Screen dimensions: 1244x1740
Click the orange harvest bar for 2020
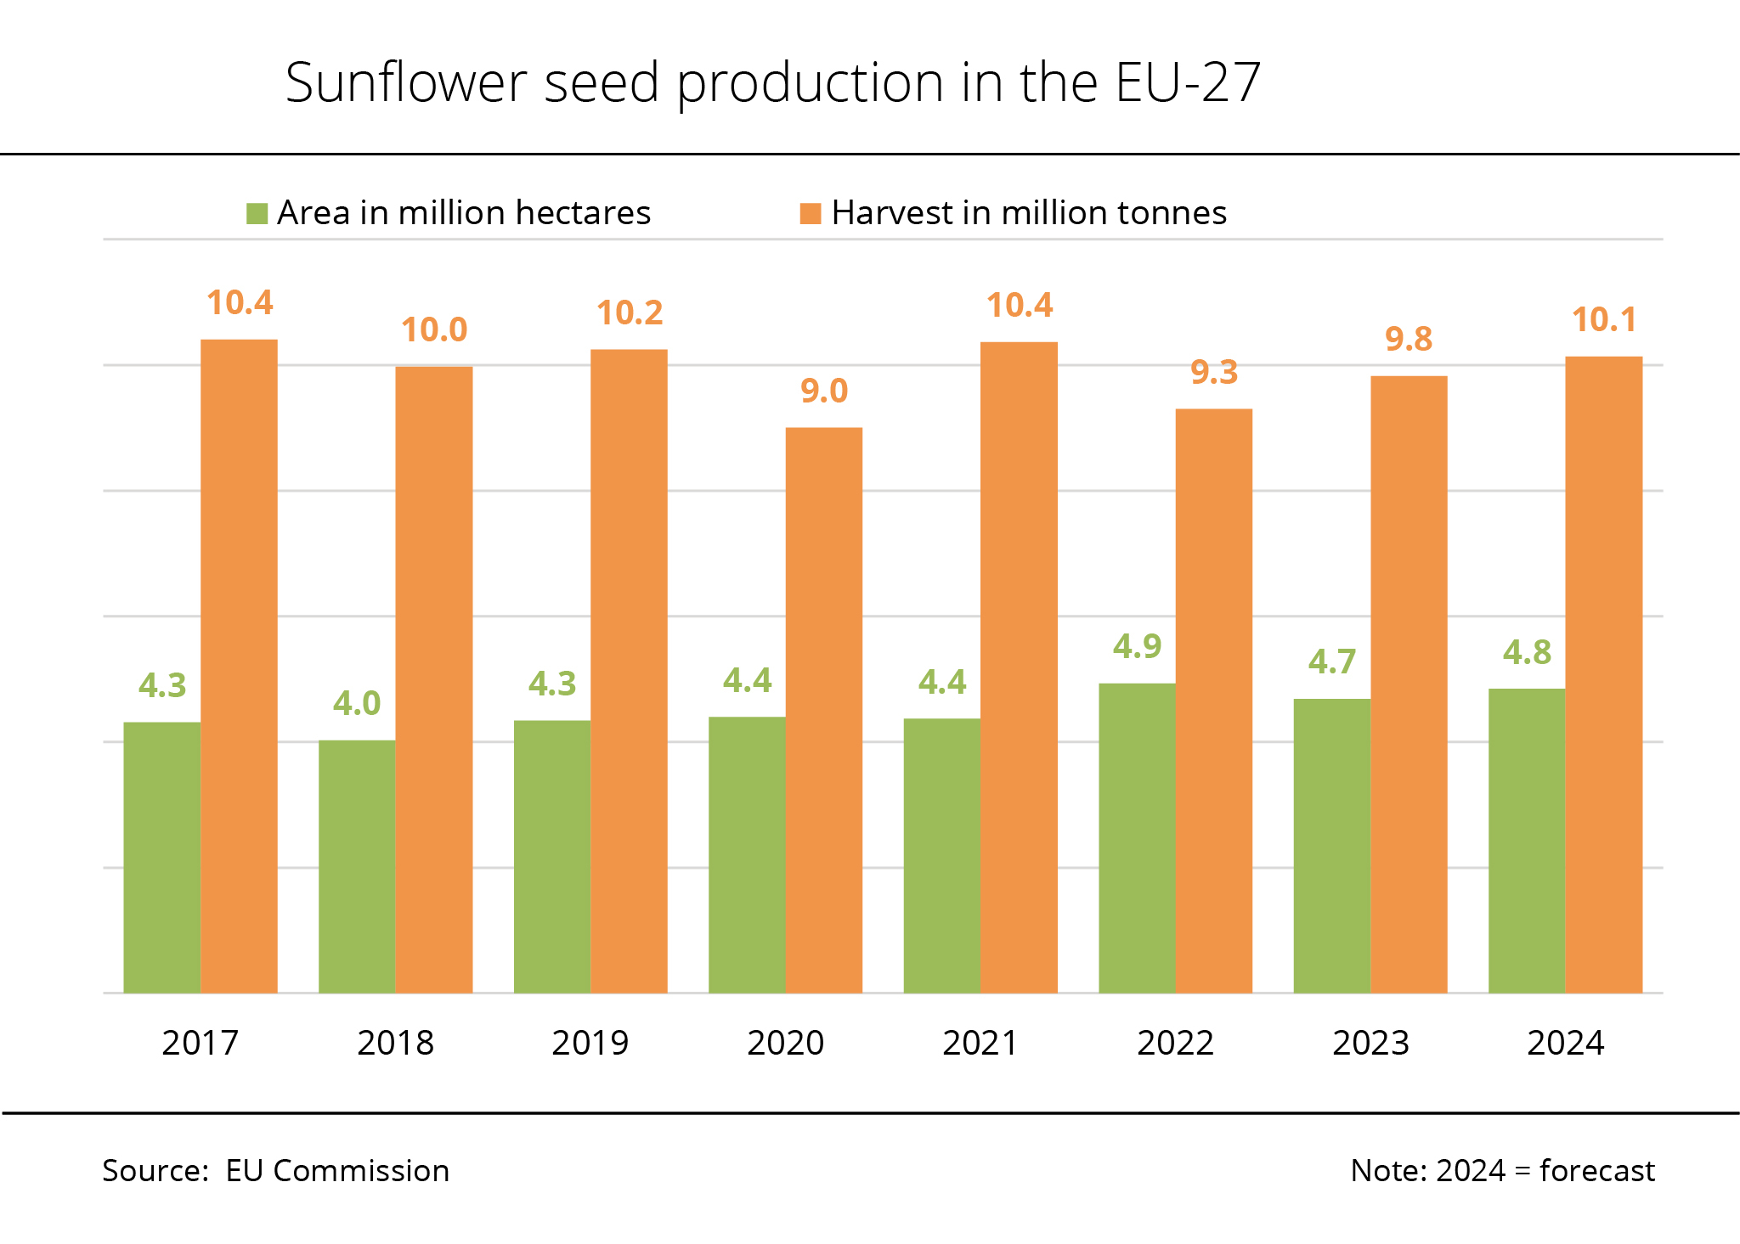[823, 710]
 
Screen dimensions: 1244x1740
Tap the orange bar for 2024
[1603, 674]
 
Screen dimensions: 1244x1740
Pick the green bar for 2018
[357, 866]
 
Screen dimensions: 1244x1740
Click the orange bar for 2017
[239, 666]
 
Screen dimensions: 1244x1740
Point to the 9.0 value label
[824, 391]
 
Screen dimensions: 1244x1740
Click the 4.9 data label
[1137, 647]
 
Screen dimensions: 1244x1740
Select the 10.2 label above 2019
[630, 313]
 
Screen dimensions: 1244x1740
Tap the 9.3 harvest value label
[1214, 373]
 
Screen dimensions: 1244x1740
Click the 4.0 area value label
[357, 704]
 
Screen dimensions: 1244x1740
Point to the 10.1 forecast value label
[1603, 320]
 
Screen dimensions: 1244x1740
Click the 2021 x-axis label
[980, 1043]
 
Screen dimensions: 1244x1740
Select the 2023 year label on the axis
[1370, 1043]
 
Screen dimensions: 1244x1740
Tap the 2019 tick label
[590, 1043]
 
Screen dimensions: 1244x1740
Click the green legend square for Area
[257, 213]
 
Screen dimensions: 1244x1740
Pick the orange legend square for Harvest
[811, 213]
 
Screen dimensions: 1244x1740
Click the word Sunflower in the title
[406, 83]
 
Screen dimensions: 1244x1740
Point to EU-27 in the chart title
[1187, 83]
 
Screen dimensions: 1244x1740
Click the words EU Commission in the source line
[337, 1171]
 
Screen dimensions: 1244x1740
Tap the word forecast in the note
[1596, 1171]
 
